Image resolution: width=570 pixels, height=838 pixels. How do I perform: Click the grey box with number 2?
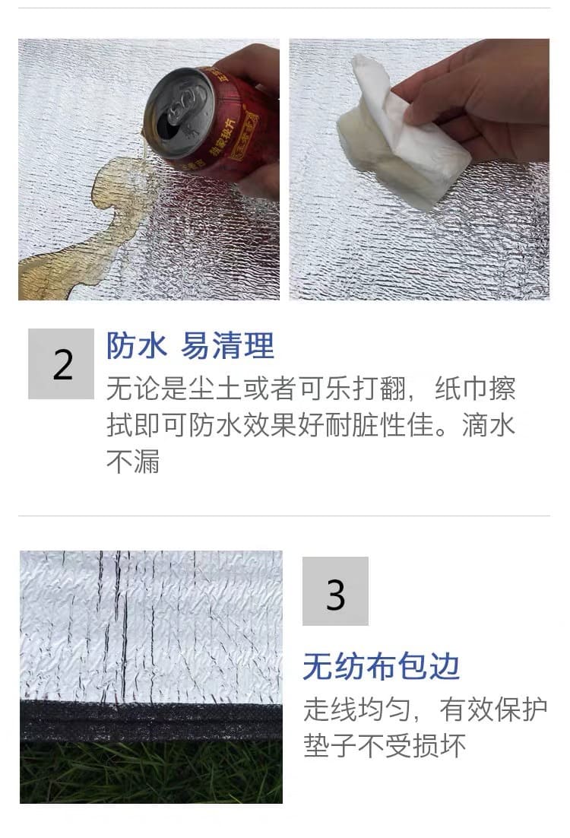[61, 363]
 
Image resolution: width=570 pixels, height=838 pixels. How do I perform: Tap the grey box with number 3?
[335, 591]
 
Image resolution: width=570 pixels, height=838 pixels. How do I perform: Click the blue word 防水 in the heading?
[137, 346]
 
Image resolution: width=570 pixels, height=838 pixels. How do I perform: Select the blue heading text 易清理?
[227, 346]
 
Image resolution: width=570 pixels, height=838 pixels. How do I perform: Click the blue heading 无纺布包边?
[382, 666]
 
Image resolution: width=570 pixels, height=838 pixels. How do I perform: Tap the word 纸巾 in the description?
[462, 389]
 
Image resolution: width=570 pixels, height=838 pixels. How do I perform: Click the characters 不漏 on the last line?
[133, 462]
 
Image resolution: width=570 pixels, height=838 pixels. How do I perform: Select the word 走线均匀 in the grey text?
[357, 709]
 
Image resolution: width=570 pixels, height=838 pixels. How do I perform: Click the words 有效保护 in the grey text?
[493, 709]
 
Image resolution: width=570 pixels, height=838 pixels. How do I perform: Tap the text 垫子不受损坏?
[385, 745]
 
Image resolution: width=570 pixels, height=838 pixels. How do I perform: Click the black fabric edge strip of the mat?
[151, 722]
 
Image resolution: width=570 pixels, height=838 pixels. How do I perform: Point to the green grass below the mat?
[151, 773]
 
